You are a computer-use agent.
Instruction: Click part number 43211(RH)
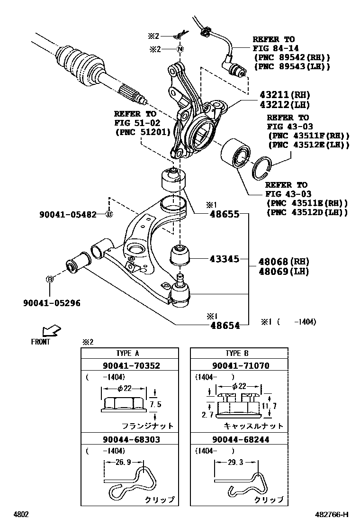coord(283,94)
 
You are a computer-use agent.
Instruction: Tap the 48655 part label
coord(225,214)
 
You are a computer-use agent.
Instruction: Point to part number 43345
coord(225,259)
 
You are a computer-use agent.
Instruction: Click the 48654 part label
coord(225,325)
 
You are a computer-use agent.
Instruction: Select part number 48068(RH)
coord(284,262)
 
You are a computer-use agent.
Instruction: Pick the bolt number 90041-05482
coord(68,215)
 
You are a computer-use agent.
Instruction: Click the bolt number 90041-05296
coord(52,302)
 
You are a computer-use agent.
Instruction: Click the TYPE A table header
coord(130,354)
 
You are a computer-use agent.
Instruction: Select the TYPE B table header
coord(239,354)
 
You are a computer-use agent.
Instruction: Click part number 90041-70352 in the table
coord(130,365)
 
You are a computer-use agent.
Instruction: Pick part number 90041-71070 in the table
coord(239,365)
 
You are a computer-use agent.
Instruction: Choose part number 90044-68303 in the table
coord(130,439)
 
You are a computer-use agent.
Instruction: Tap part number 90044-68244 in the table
coord(239,439)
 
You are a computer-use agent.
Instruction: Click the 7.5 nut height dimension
coord(155,405)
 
